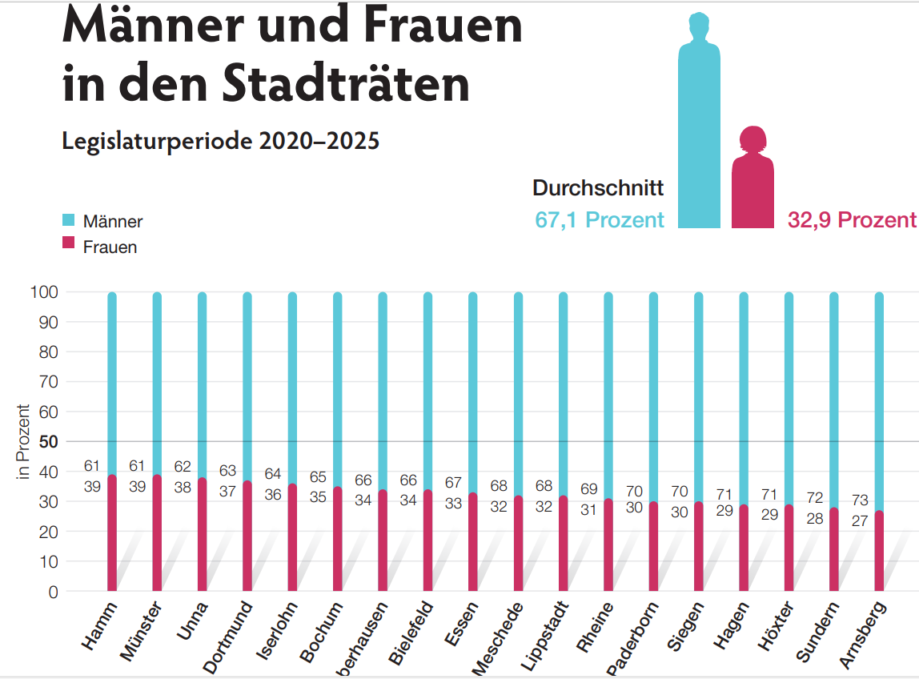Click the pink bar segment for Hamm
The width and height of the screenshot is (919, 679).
pyautogui.click(x=112, y=532)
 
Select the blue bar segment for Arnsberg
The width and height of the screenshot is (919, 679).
pyautogui.click(x=879, y=400)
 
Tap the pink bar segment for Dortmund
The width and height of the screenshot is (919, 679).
pyautogui.click(x=247, y=536)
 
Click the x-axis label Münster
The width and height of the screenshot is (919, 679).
pyautogui.click(x=142, y=632)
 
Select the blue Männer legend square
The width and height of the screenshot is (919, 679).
pyautogui.click(x=69, y=219)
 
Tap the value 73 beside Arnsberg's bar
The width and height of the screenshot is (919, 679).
pyautogui.click(x=859, y=500)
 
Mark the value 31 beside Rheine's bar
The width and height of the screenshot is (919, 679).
pyautogui.click(x=588, y=509)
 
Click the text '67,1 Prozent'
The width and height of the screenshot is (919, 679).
pyautogui.click(x=600, y=220)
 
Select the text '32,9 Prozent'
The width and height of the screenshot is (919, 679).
pyautogui.click(x=852, y=220)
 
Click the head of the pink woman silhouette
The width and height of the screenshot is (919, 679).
pyautogui.click(x=753, y=140)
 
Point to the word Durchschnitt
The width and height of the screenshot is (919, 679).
pyautogui.click(x=598, y=188)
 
